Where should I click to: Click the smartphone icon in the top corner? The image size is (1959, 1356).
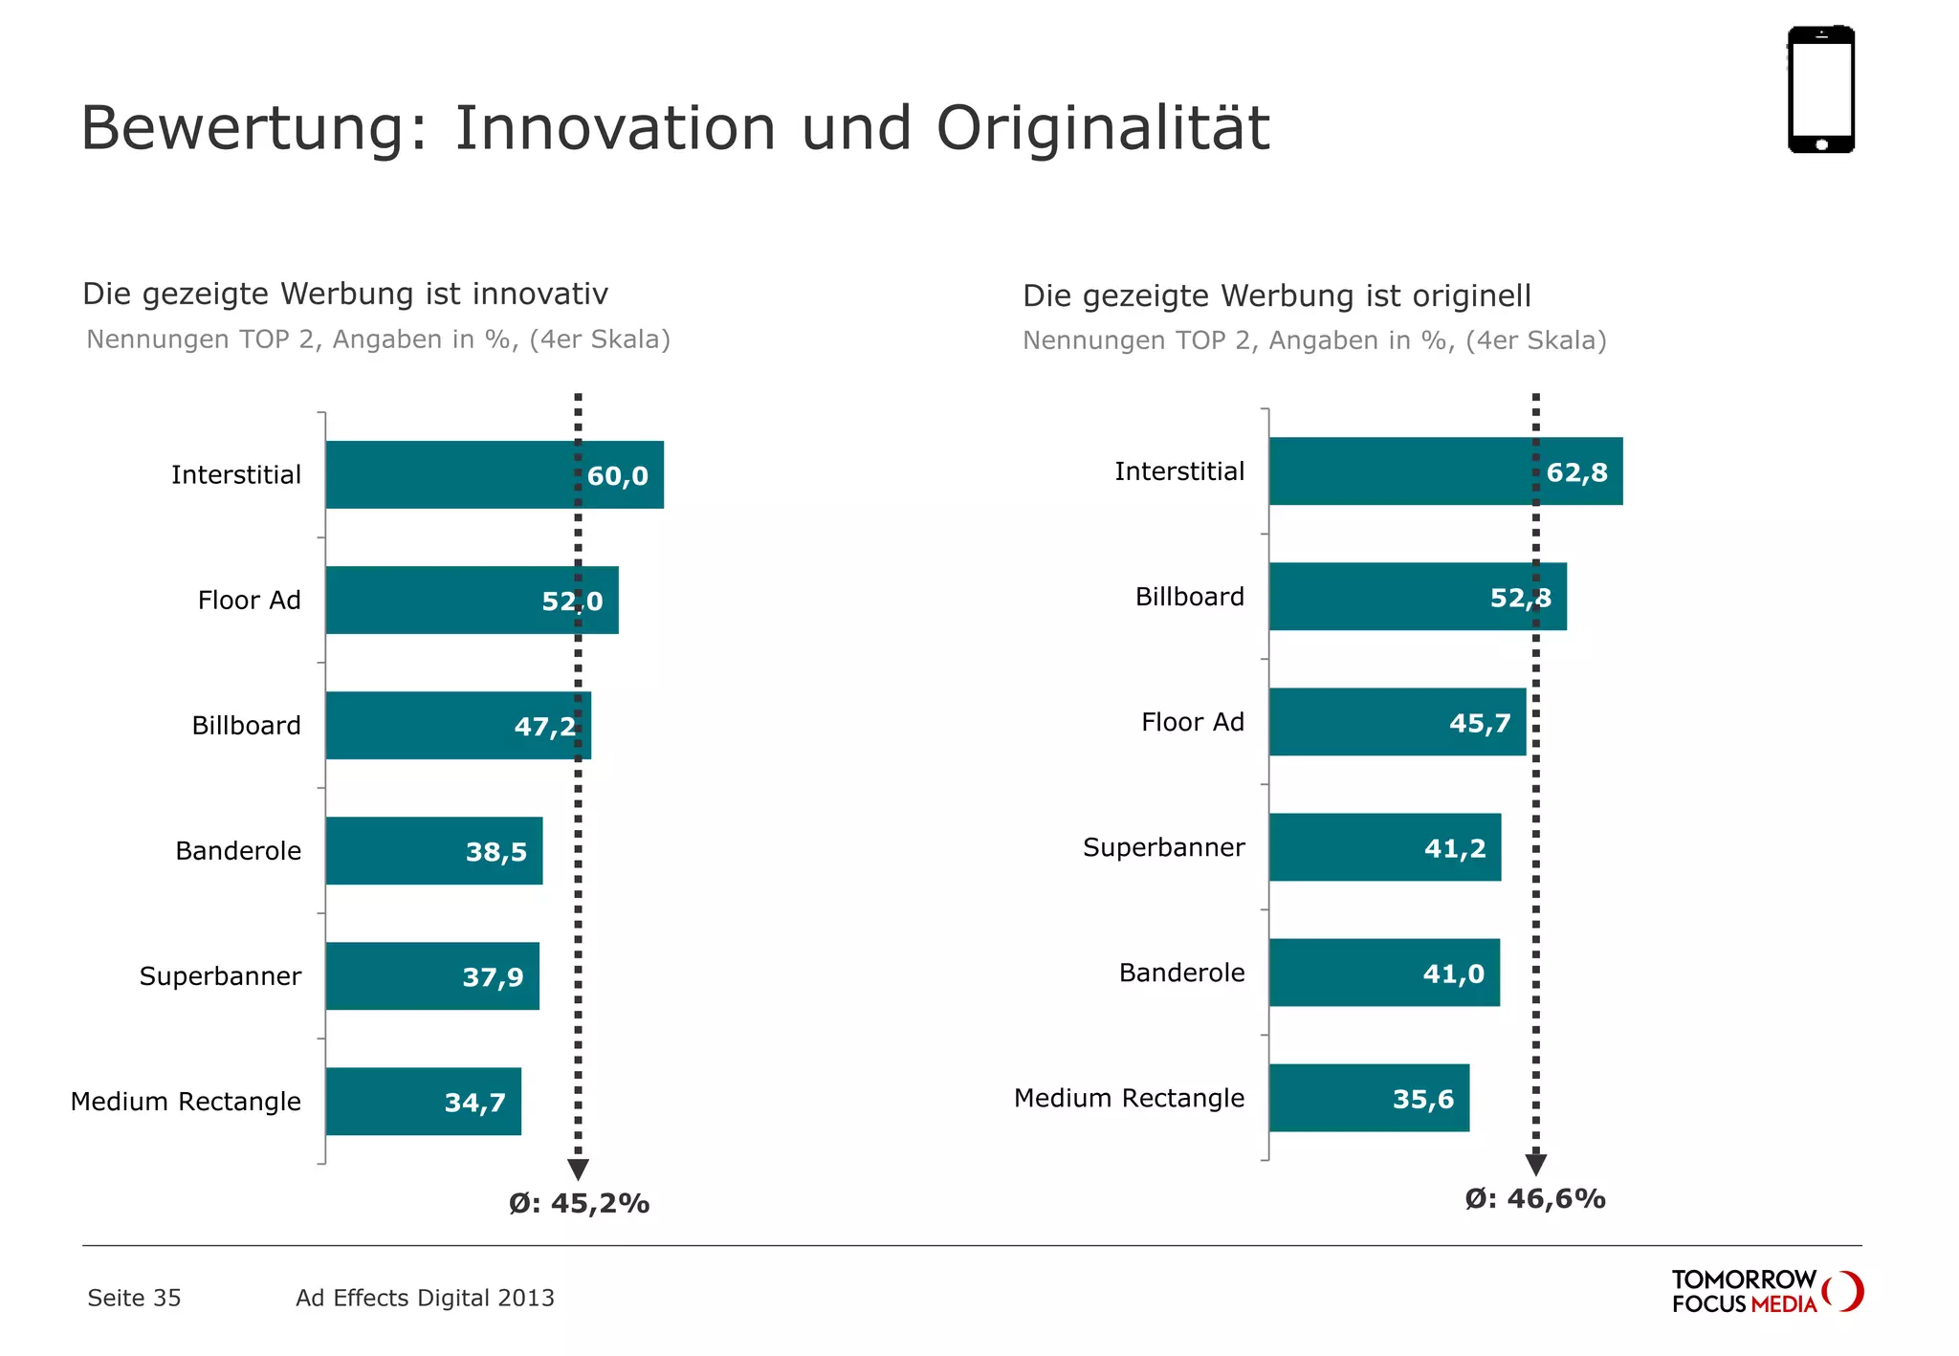[x=1820, y=89]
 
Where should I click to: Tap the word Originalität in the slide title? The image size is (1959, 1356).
[x=1102, y=128]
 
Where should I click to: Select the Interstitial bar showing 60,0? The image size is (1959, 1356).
[x=494, y=475]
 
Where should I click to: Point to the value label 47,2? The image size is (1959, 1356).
[x=544, y=727]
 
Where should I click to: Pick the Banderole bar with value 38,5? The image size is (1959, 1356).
[x=433, y=851]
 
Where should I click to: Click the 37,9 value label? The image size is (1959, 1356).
[x=493, y=977]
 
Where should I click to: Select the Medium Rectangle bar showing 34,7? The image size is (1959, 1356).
[x=423, y=1102]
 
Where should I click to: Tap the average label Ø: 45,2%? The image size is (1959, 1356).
[x=579, y=1203]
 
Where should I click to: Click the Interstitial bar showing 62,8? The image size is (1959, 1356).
[x=1444, y=471]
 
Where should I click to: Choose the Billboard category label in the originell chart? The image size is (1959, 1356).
[x=1189, y=597]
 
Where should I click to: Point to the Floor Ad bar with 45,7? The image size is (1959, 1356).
[x=1397, y=722]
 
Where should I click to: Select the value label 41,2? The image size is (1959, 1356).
[x=1455, y=848]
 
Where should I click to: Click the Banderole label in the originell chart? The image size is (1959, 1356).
[x=1181, y=973]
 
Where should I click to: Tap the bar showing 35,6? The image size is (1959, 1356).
[x=1368, y=1098]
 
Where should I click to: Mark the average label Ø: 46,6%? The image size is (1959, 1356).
[x=1534, y=1199]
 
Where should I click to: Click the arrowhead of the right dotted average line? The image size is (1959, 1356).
[x=1535, y=1165]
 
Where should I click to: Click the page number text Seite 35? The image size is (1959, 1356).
[x=134, y=1298]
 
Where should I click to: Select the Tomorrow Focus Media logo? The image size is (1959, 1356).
[x=1766, y=1292]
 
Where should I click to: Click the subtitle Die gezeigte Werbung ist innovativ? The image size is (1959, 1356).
[x=345, y=294]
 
